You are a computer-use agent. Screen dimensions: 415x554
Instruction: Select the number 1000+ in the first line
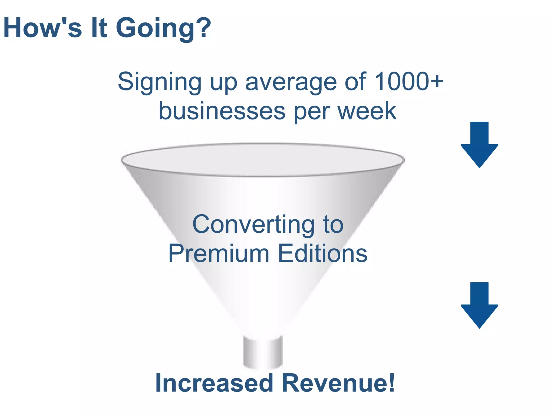pyautogui.click(x=409, y=82)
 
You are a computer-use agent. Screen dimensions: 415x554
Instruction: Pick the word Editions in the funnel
pyautogui.click(x=322, y=253)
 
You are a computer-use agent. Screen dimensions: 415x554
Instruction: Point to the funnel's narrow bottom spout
pyautogui.click(x=263, y=352)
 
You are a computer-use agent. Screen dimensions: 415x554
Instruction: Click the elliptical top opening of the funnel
pyautogui.click(x=262, y=160)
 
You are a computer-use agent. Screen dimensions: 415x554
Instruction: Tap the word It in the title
pyautogui.click(x=99, y=28)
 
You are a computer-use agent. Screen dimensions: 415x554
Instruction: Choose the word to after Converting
pyautogui.click(x=333, y=225)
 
